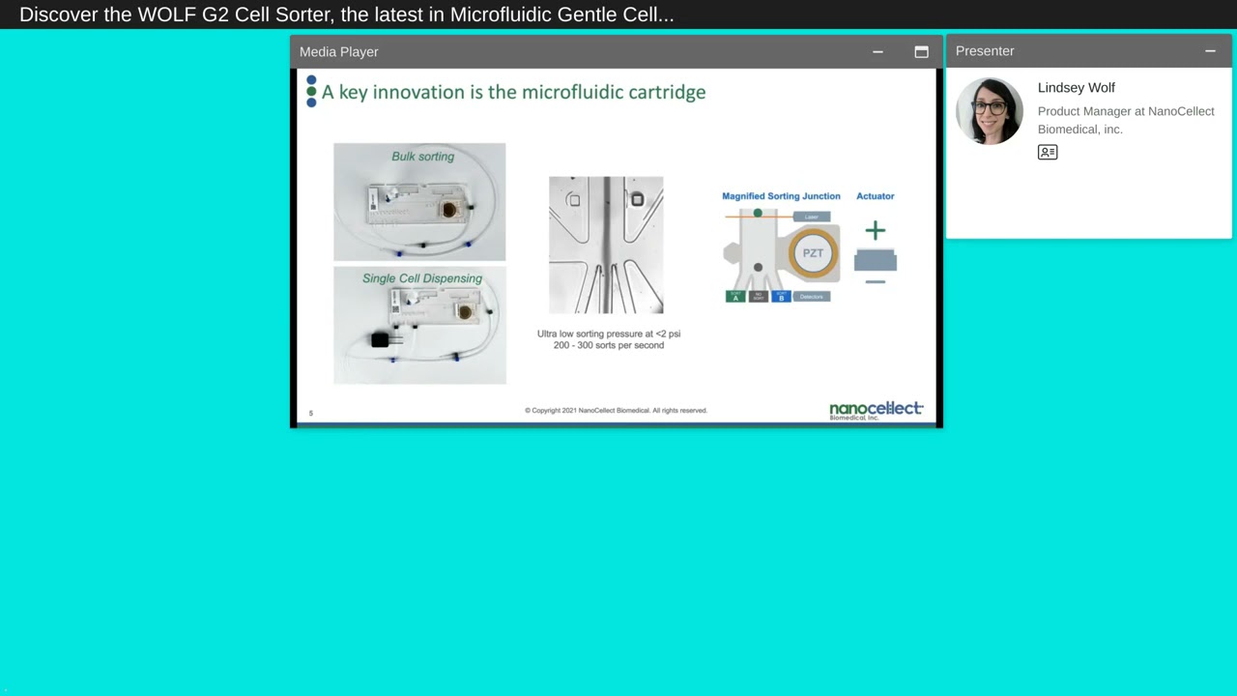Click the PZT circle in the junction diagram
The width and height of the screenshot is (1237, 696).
point(813,253)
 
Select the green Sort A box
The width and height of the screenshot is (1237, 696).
point(735,297)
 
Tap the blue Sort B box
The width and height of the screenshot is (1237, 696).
point(781,297)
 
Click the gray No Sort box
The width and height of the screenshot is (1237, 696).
point(758,297)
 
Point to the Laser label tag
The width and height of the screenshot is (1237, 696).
point(811,217)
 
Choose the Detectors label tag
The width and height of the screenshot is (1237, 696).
point(812,297)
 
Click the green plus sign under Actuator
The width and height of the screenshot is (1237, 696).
point(875,230)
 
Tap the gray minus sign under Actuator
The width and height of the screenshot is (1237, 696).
point(875,282)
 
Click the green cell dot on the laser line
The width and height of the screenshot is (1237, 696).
point(758,214)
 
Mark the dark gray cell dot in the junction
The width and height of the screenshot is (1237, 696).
point(758,268)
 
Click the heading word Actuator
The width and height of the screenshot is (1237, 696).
point(875,196)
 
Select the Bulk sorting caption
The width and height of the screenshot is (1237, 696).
point(422,157)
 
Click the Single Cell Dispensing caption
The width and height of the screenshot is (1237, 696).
point(421,278)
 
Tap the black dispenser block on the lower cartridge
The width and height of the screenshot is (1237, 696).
point(380,339)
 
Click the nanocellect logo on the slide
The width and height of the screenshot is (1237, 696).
point(876,410)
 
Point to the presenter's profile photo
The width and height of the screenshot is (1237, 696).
point(989,111)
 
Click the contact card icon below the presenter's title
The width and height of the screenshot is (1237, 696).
point(1048,152)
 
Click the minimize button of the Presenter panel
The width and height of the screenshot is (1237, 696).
point(1210,51)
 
